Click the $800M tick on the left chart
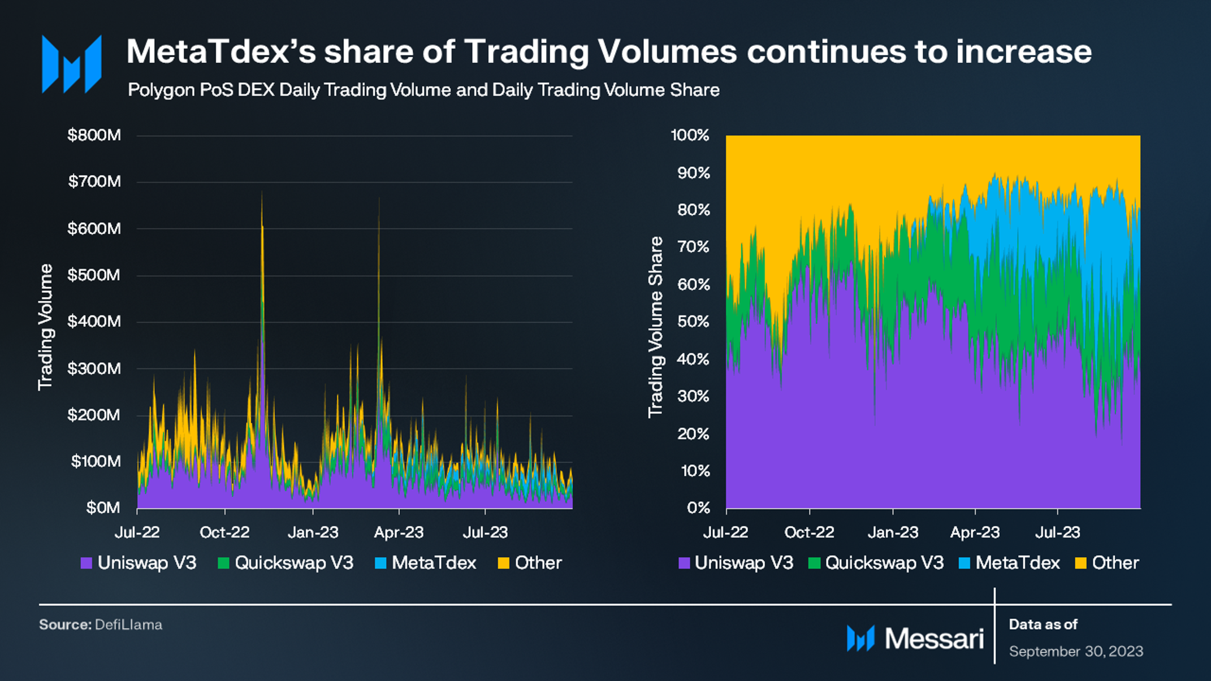94,135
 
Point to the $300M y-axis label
94,368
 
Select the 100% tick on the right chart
690,135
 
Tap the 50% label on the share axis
694,322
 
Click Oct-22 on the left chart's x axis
224,532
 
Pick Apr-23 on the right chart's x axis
975,532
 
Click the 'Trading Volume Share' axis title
655,327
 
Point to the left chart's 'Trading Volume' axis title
45,327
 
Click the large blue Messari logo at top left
72,64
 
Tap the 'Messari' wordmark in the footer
934,639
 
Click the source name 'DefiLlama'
128,624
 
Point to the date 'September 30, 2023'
1076,652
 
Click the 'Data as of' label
1043,624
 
